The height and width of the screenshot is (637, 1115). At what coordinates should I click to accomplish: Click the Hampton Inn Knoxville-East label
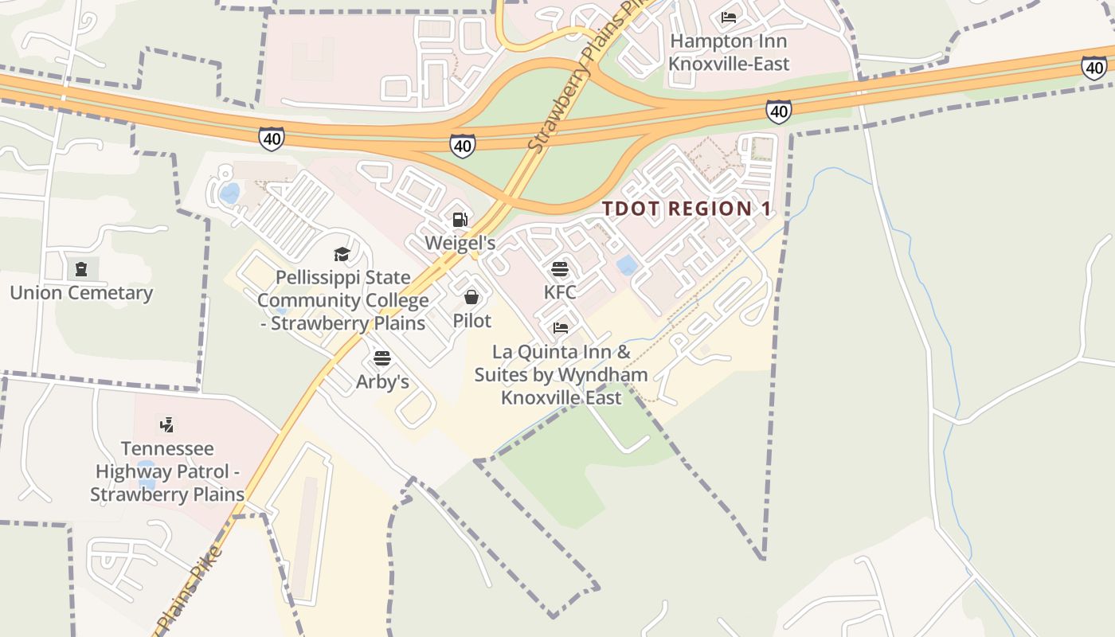[729, 53]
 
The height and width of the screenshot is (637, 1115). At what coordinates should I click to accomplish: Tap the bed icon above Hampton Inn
[729, 18]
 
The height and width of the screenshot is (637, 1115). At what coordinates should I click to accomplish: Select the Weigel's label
[460, 243]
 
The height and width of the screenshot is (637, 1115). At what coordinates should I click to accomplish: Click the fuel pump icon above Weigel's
[460, 219]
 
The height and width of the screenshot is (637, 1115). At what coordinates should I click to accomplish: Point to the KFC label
[560, 292]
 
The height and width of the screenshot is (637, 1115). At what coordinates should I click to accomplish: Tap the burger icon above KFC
[560, 269]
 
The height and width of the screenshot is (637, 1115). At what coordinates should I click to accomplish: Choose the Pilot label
[472, 320]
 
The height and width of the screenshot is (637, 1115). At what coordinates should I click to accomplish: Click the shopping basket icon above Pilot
[471, 297]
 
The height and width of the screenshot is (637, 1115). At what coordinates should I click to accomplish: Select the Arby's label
[382, 381]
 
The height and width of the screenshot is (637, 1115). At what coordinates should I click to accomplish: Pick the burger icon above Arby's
[382, 358]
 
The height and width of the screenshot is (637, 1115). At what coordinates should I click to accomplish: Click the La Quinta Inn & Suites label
[561, 374]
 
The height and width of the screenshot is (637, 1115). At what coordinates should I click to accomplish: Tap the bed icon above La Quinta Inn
[561, 328]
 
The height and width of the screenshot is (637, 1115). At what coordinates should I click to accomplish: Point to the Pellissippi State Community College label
[342, 300]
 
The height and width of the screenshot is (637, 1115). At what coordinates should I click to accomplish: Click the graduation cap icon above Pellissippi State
[342, 254]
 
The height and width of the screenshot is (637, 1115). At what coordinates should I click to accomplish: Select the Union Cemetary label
[81, 293]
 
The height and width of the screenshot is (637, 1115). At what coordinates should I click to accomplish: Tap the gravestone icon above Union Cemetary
[80, 269]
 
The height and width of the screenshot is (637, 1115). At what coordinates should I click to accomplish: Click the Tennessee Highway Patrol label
[166, 471]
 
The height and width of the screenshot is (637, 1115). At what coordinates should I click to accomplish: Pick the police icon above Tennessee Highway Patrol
[166, 424]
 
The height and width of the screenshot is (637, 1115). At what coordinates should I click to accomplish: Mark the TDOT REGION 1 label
[687, 209]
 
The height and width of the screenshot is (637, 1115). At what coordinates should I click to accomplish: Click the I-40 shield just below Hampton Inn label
[779, 111]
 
